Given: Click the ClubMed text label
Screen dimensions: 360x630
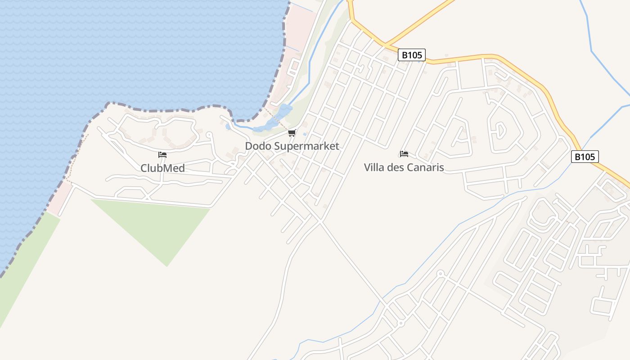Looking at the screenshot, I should point(162,168).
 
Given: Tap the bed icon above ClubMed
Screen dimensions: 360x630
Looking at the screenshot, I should point(162,155).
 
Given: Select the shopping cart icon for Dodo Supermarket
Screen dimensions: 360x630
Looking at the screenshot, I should point(292,133).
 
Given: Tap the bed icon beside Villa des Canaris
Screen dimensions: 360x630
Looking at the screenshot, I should point(404,154).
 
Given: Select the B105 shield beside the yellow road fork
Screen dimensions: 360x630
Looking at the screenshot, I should point(411,55).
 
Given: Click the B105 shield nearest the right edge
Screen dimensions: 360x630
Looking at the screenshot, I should point(585,157).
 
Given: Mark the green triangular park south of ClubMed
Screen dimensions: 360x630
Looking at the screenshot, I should point(157,225).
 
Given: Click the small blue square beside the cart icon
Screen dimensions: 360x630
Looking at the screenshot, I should point(305,134).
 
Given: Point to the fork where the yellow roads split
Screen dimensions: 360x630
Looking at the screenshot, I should point(385,44).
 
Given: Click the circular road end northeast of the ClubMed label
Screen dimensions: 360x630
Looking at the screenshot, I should point(208,135).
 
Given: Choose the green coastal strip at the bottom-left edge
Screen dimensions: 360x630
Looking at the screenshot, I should point(22,270).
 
